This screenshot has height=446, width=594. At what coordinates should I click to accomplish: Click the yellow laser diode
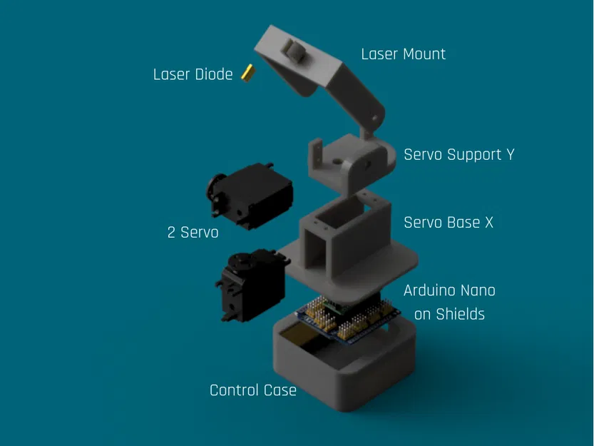pyautogui.click(x=248, y=73)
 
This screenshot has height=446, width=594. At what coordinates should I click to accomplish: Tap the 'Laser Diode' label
pyautogui.click(x=193, y=74)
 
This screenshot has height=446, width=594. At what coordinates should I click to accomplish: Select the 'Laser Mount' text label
pyautogui.click(x=403, y=54)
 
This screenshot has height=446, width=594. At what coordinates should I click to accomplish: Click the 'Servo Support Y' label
pyautogui.click(x=459, y=155)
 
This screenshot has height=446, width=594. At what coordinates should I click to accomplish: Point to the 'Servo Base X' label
pyautogui.click(x=449, y=223)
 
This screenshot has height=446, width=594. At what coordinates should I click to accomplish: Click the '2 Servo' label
pyautogui.click(x=193, y=233)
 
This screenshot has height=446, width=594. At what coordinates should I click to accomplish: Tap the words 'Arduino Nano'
pyautogui.click(x=449, y=290)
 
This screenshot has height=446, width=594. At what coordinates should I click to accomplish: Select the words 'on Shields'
pyautogui.click(x=449, y=315)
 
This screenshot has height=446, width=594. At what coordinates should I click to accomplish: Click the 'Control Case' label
pyautogui.click(x=252, y=390)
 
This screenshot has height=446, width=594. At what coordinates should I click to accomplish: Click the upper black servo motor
pyautogui.click(x=250, y=196)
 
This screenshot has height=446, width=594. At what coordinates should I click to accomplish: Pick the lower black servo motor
pyautogui.click(x=252, y=285)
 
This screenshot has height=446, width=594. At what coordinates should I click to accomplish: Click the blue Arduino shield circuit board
pyautogui.click(x=347, y=318)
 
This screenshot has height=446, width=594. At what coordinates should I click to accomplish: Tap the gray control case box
pyautogui.click(x=344, y=364)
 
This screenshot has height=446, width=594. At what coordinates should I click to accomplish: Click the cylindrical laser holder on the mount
pyautogui.click(x=293, y=51)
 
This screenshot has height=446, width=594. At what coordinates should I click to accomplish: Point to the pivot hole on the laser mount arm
pyautogui.click(x=374, y=118)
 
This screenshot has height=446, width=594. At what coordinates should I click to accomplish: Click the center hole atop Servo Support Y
pyautogui.click(x=336, y=161)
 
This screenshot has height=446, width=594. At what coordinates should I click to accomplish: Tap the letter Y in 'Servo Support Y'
pyautogui.click(x=511, y=155)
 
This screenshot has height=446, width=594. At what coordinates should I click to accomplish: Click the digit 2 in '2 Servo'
pyautogui.click(x=171, y=233)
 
